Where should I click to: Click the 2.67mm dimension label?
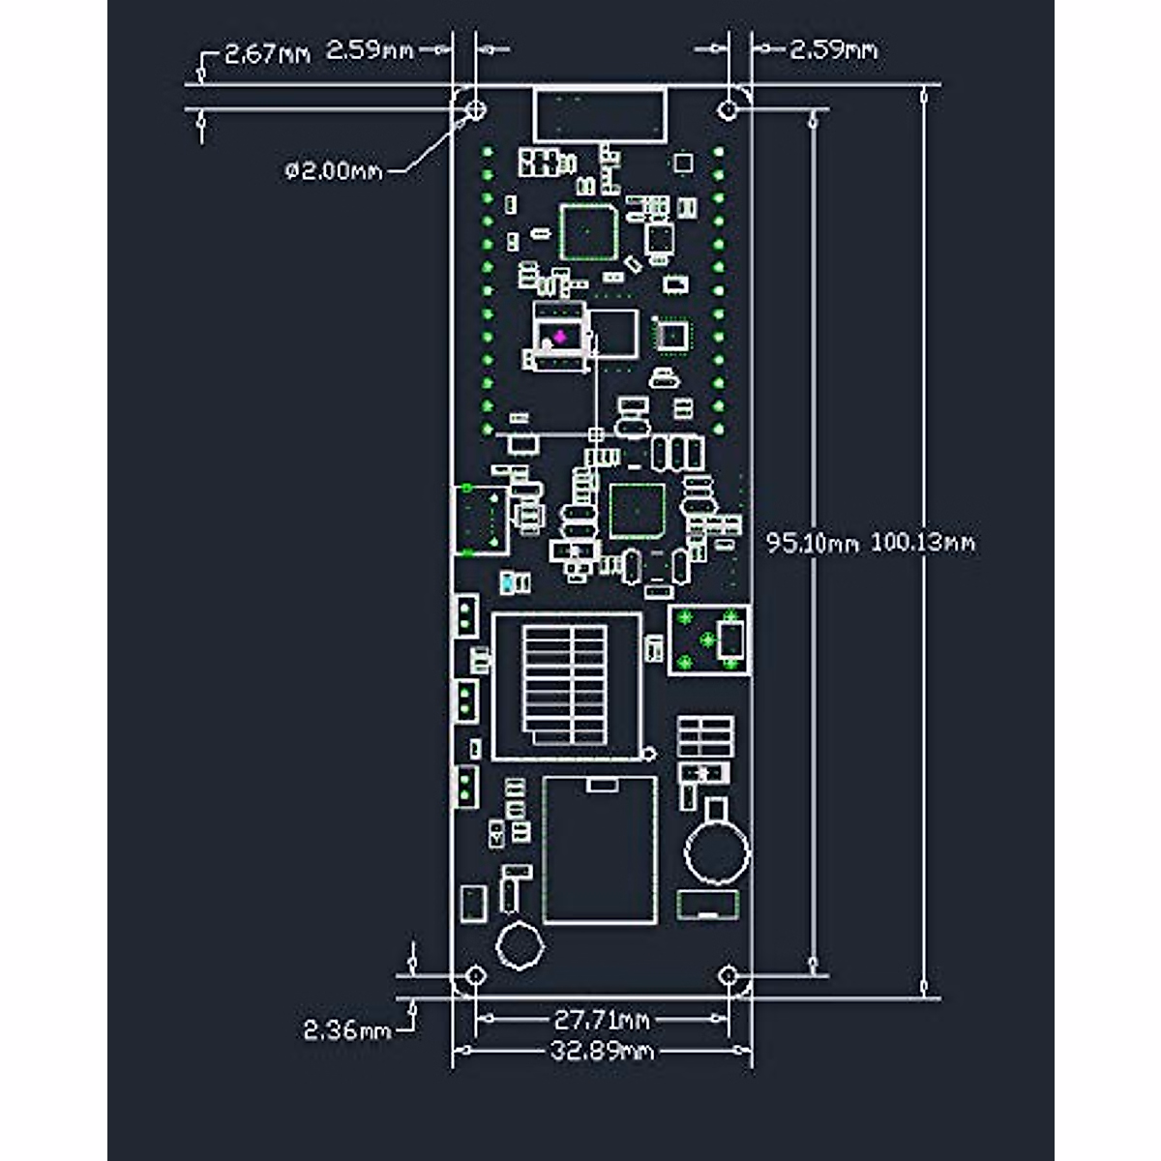click(267, 53)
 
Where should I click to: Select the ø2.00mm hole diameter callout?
click(334, 171)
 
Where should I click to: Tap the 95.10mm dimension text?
click(813, 543)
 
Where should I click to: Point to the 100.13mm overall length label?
click(923, 543)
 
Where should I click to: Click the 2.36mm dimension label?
click(347, 1030)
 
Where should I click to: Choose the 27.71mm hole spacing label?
click(602, 1019)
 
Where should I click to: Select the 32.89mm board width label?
click(602, 1051)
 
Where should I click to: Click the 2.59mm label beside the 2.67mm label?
click(370, 50)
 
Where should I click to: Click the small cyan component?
click(507, 583)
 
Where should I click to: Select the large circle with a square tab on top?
click(717, 849)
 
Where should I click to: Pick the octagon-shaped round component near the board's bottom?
click(520, 945)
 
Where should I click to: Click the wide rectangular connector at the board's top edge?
click(600, 114)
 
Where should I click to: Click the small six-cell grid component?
click(704, 737)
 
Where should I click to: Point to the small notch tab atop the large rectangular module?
click(602, 785)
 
